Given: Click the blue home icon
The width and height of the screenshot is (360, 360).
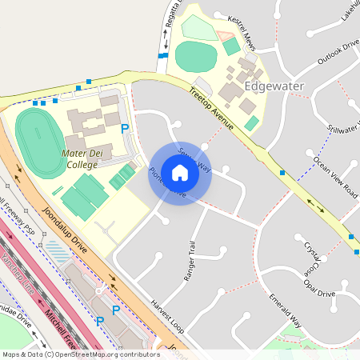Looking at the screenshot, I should tap(180, 173).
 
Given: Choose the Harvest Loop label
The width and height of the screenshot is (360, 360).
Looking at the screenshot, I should tap(166, 318).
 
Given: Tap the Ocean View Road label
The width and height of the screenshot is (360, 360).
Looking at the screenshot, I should tap(335, 176).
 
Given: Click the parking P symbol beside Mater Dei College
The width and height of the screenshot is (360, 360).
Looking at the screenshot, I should tap(124, 128).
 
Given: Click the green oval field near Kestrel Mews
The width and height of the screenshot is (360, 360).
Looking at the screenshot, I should tap(196, 56).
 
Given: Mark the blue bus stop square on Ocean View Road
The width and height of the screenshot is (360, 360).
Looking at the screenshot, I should tap(282, 173).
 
